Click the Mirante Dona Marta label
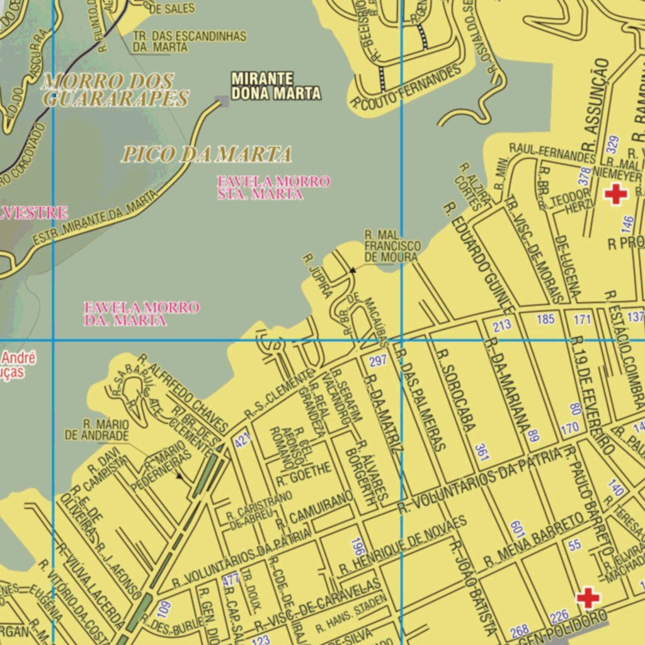[x=276, y=86]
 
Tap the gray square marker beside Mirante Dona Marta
[x=221, y=101]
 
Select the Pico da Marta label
[x=207, y=154]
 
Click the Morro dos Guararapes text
[x=115, y=89]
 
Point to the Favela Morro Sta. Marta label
[x=273, y=188]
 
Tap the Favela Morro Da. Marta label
[x=142, y=314]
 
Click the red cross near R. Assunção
[x=615, y=193]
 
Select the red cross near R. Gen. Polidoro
[x=588, y=597]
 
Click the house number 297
[x=377, y=362]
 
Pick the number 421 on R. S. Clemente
[x=243, y=440]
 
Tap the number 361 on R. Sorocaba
[x=482, y=452]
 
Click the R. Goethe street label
[x=304, y=474]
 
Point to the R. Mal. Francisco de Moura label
[x=392, y=246]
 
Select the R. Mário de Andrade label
[x=97, y=429]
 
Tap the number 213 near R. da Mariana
[x=502, y=326]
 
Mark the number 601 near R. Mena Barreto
[x=518, y=528]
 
